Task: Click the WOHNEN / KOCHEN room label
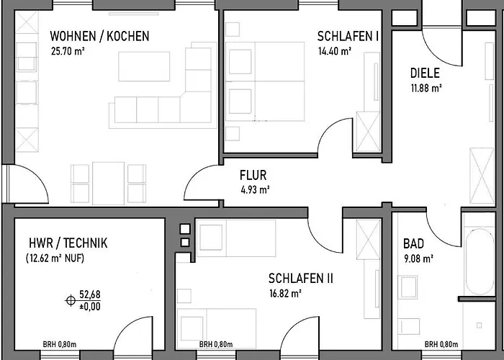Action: pos(99,36)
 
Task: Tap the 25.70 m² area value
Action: pos(68,51)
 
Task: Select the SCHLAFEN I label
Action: pos(348,36)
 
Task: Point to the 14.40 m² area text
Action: pos(335,51)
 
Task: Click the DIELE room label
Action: pos(425,73)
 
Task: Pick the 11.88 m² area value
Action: pos(426,89)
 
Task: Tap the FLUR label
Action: pos(253,176)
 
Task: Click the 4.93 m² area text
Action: pos(255,190)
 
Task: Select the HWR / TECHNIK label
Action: pos(68,243)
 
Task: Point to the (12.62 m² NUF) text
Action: pos(55,258)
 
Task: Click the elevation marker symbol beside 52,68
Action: pos(71,300)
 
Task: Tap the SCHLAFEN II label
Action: pos(301,279)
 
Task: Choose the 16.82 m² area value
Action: pos(285,294)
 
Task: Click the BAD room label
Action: pos(414,243)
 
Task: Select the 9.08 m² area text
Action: pos(419,258)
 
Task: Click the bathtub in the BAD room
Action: pos(480,261)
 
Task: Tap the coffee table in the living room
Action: pos(144,66)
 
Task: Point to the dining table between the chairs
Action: pos(108,183)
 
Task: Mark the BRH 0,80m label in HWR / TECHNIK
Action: pos(60,345)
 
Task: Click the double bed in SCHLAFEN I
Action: pos(265,81)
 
